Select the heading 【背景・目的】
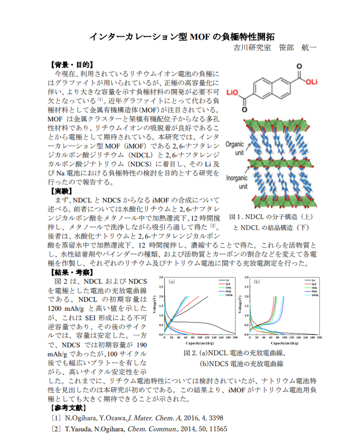pos(70,65)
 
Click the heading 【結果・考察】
pos(70,272)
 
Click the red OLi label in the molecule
pos(310,82)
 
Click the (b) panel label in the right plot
pos(256,282)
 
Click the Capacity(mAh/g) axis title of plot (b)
pos(284,343)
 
